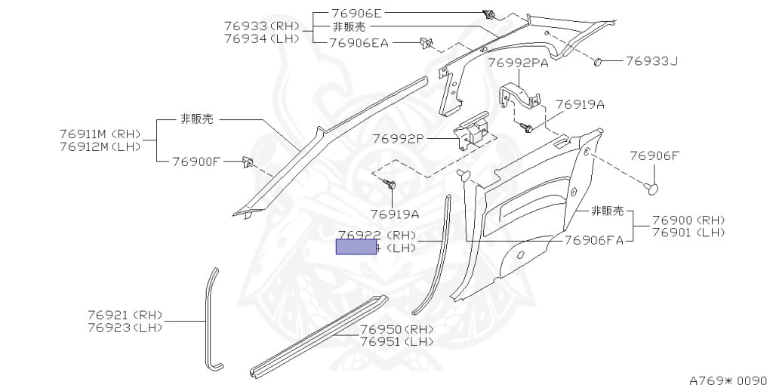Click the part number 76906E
(357, 14)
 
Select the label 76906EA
(359, 43)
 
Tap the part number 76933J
(651, 60)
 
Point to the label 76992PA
(518, 63)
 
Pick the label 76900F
(196, 161)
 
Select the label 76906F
(654, 156)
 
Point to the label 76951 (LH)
(397, 341)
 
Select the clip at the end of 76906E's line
(488, 14)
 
